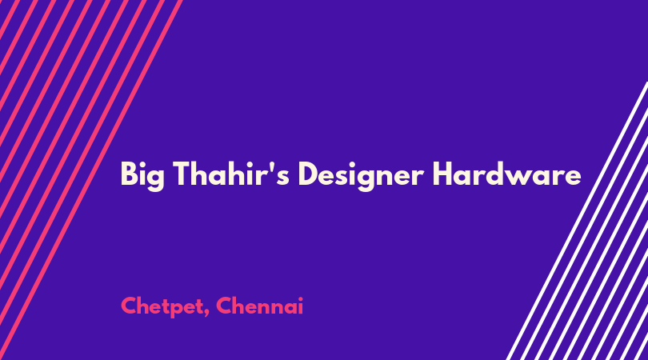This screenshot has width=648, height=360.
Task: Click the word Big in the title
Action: (142, 176)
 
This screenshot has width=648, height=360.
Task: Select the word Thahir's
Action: (231, 174)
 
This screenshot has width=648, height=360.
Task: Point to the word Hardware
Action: (506, 174)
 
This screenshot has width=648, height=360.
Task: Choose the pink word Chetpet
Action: (162, 306)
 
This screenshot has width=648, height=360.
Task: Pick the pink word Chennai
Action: (259, 306)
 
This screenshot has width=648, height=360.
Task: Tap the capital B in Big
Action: (129, 174)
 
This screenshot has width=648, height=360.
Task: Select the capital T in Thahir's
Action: (182, 174)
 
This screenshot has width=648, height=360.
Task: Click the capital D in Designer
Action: (308, 174)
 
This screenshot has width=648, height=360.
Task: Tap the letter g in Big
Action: (156, 180)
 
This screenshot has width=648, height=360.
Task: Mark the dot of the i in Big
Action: (142, 164)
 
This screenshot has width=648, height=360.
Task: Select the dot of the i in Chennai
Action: (301, 298)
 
